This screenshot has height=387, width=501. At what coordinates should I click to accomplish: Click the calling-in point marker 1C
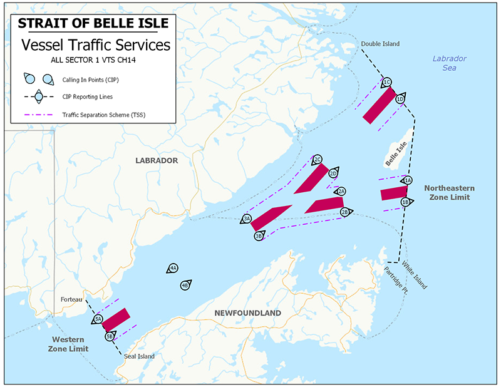point(386,82)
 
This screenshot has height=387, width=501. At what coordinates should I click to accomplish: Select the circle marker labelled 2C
point(318,159)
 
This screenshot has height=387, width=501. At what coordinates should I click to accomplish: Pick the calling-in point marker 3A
point(247,219)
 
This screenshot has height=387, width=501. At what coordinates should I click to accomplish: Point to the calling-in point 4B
point(185,285)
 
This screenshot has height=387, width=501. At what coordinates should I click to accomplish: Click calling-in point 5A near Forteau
point(98,319)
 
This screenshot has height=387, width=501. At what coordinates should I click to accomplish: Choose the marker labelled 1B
point(406,202)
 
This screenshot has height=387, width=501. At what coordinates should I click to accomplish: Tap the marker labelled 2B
point(344,212)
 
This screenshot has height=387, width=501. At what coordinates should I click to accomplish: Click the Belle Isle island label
point(396,154)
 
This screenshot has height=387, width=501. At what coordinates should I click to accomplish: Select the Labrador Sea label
point(449,63)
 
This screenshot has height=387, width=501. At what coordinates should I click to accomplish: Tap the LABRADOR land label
point(157,161)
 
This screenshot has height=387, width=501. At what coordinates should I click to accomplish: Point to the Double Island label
point(380,44)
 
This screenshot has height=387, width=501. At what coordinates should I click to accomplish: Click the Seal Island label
point(139,356)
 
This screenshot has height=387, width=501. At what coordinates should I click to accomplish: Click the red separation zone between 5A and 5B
point(116,319)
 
